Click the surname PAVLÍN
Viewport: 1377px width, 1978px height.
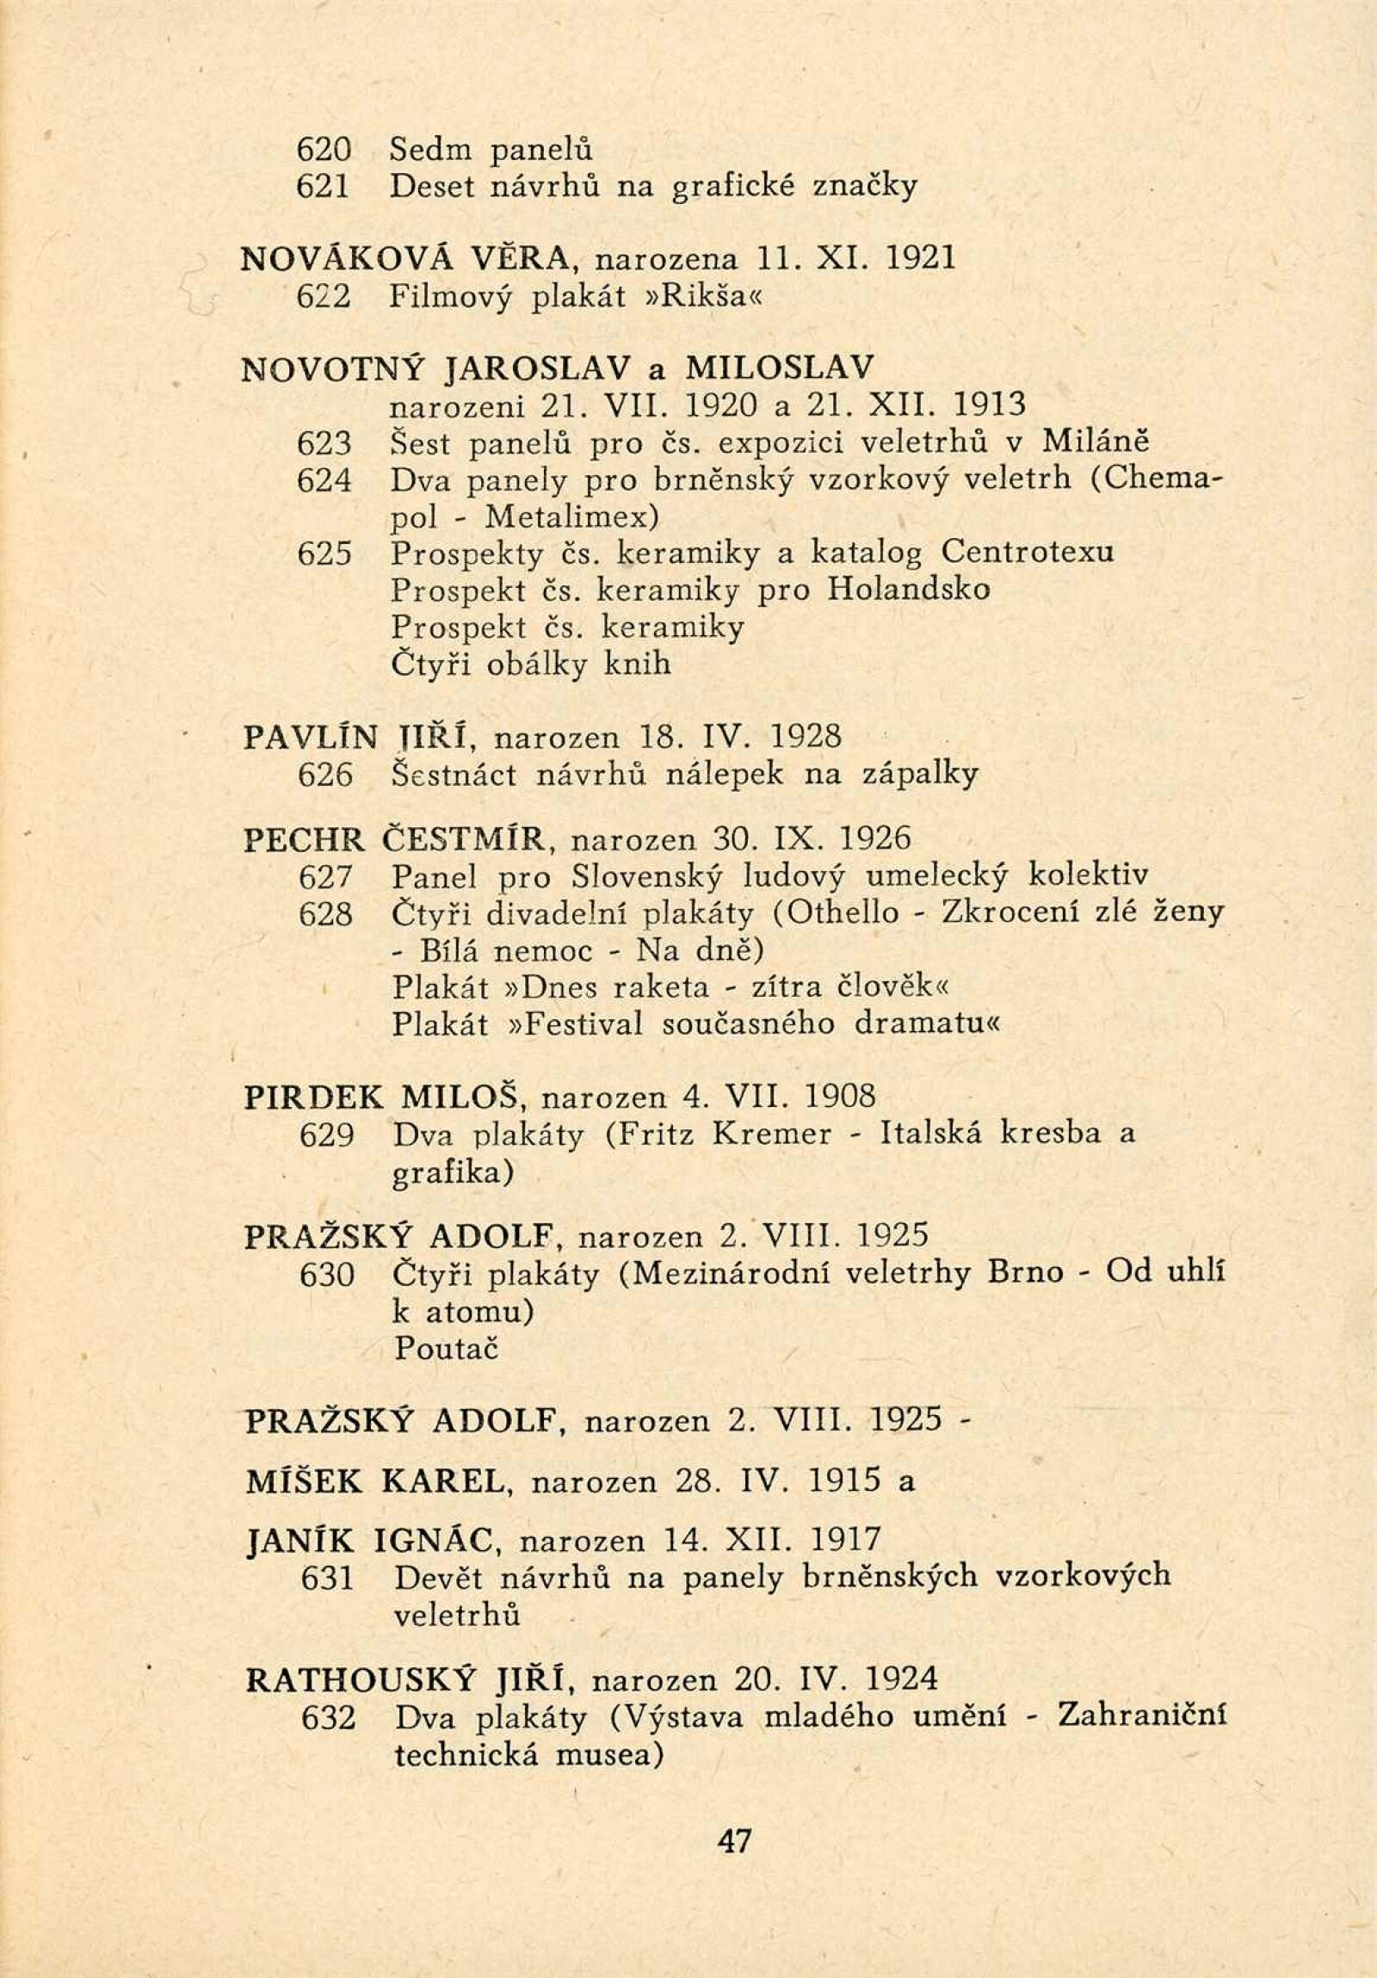(x=311, y=738)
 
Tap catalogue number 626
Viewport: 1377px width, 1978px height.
(x=324, y=776)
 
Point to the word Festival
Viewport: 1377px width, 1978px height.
(x=584, y=1024)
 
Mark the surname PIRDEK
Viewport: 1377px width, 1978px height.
(x=315, y=1097)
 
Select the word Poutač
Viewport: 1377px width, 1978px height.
(x=446, y=1348)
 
